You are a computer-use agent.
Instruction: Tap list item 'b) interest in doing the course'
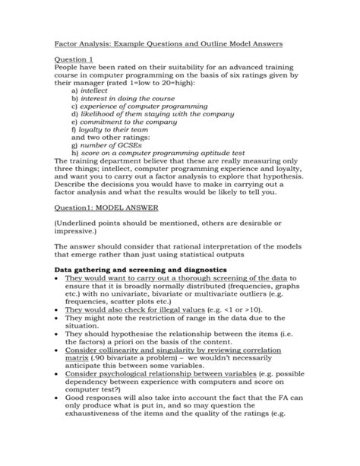122,99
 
